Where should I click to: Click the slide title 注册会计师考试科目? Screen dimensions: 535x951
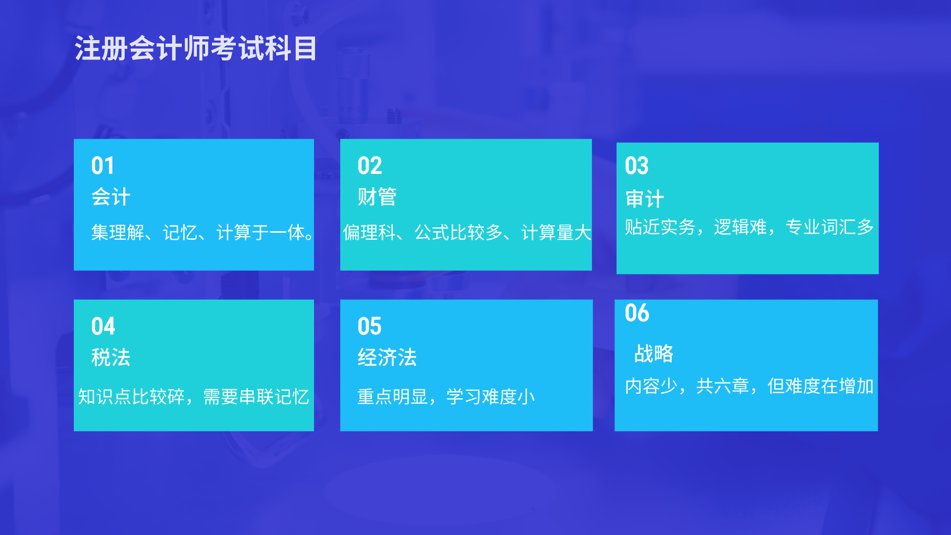[196, 49]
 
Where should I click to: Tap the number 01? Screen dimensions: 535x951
[103, 165]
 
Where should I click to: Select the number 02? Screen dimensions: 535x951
[370, 165]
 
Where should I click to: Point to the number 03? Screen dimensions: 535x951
[636, 165]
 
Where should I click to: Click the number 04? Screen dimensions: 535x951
[103, 326]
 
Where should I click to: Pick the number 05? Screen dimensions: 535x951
[370, 326]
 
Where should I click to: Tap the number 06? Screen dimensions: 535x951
[637, 313]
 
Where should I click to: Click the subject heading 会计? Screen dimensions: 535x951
[111, 197]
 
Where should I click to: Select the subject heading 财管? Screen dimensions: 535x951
[377, 197]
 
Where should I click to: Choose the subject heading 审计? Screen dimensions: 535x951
[644, 199]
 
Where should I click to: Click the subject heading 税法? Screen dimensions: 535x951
[111, 357]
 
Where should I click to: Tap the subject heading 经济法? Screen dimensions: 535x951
[387, 357]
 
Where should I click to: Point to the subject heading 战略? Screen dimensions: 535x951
[654, 354]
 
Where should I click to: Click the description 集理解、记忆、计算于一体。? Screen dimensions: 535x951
[202, 232]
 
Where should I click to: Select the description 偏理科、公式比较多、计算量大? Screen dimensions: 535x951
[467, 232]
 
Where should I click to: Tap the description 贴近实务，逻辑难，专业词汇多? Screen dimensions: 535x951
[749, 227]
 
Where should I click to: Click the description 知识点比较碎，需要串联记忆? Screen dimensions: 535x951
[194, 397]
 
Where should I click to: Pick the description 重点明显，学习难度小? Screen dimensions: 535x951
[446, 397]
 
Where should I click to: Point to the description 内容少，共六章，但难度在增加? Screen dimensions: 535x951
[749, 386]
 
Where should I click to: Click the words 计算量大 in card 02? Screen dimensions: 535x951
[556, 232]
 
